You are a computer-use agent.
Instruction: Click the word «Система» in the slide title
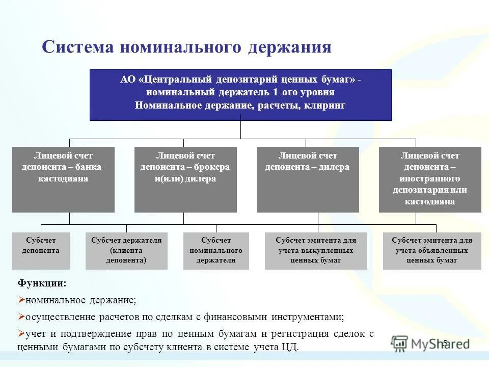point(77,47)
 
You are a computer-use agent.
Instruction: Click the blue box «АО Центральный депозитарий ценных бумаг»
point(240,95)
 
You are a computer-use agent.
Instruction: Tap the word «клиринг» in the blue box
point(325,106)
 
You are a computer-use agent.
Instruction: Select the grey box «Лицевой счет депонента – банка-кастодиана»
point(63,179)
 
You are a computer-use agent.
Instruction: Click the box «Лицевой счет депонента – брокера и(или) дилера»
point(185,179)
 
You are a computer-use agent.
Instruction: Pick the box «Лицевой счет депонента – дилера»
point(308,179)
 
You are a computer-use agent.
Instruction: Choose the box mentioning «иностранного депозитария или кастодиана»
point(430,179)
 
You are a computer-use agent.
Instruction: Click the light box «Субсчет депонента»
point(41,251)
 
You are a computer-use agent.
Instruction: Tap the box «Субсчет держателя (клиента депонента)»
point(126,251)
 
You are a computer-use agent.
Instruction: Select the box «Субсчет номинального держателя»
point(216,251)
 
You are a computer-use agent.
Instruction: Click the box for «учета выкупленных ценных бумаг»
point(316,251)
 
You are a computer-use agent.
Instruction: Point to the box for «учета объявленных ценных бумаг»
point(432,251)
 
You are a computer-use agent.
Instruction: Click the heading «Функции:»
point(42,283)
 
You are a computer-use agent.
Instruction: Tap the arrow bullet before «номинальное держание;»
point(21,300)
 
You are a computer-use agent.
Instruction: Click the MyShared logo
point(430,343)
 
